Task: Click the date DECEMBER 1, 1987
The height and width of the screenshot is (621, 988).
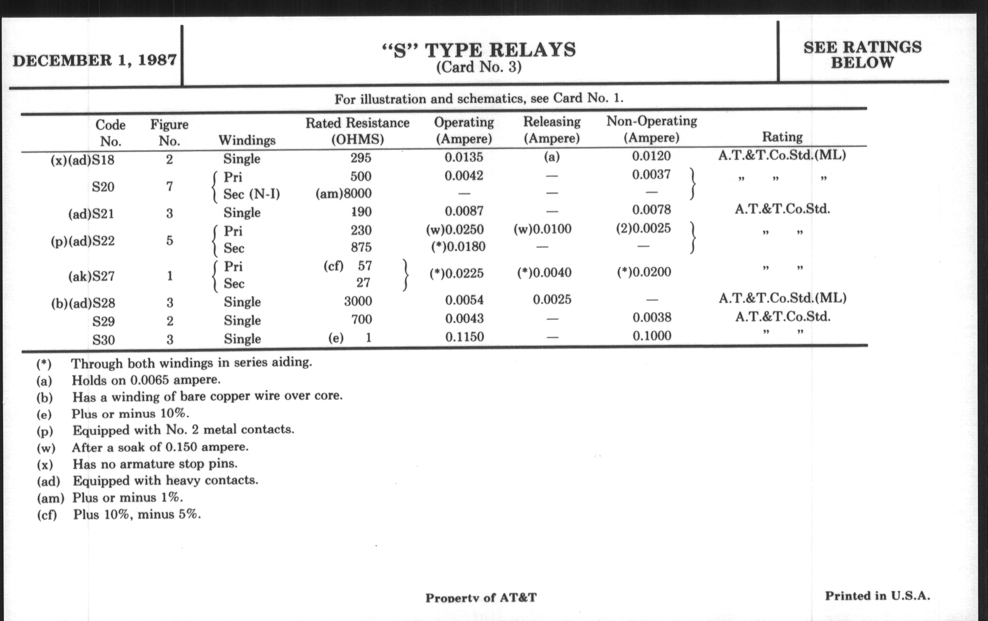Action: (95, 60)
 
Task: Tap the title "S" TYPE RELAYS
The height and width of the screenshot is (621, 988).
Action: (479, 50)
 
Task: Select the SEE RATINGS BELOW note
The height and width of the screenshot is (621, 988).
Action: (862, 55)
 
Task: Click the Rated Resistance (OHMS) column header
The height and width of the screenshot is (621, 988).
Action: (357, 131)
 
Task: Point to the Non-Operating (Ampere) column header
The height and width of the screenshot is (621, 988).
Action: (652, 129)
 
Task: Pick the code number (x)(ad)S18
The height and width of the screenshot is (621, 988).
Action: (82, 160)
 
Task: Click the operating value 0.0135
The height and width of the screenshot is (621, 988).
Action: (464, 157)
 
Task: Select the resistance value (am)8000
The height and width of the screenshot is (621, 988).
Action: (343, 194)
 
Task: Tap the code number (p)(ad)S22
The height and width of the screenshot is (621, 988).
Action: (82, 241)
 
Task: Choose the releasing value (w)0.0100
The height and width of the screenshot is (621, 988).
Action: (542, 229)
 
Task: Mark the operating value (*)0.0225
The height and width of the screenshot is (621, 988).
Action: (456, 274)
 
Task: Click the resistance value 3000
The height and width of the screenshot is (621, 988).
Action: (358, 301)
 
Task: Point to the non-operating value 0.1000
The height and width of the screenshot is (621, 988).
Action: (652, 336)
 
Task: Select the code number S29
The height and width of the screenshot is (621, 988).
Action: (104, 321)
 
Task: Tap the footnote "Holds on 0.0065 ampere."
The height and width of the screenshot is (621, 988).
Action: (146, 380)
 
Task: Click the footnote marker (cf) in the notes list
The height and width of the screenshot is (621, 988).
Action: (47, 515)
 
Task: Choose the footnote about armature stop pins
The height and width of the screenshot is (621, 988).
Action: (155, 464)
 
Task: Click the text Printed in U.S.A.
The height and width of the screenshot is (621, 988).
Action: (877, 595)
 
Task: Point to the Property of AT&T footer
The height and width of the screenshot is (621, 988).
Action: (481, 598)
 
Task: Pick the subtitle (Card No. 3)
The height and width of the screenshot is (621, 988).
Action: (479, 67)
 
